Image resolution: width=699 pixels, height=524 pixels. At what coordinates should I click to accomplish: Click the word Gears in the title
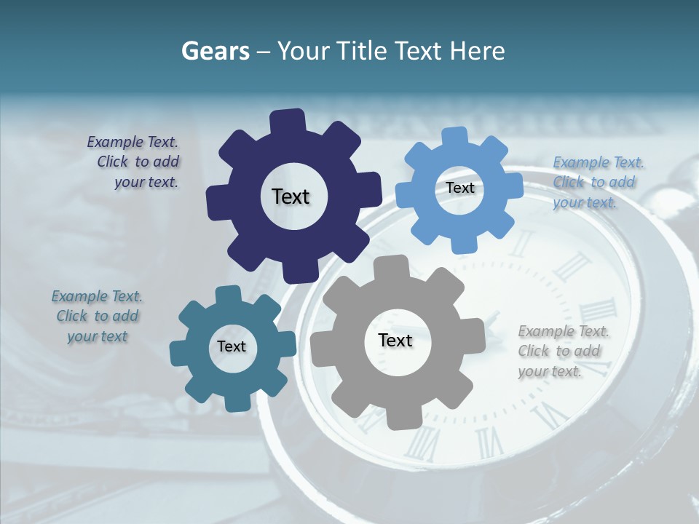215,51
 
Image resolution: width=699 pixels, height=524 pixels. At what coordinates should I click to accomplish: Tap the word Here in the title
478,51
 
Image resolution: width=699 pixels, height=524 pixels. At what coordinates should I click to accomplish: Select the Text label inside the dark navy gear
291,196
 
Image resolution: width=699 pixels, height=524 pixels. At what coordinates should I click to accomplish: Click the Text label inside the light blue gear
459,188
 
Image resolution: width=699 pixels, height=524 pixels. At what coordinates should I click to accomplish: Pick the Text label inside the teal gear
232,346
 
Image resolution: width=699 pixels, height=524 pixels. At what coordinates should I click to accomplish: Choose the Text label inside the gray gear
395,341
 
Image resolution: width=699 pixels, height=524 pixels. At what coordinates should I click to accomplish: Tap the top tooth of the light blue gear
455,137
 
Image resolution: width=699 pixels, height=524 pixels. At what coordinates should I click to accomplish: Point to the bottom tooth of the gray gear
399,418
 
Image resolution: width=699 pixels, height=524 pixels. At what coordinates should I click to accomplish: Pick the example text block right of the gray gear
562,351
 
